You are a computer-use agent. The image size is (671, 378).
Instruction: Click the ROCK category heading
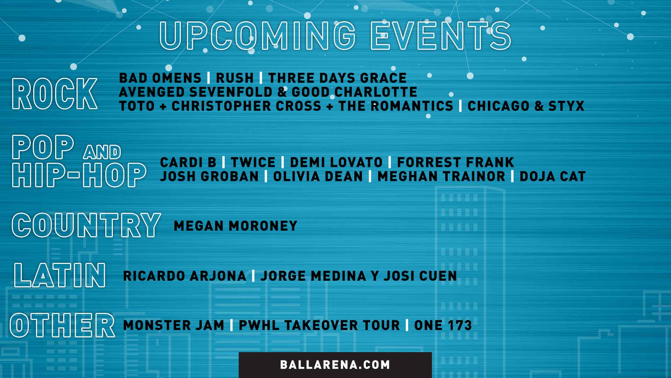point(55,93)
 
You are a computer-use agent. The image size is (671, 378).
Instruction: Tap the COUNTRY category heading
point(86,225)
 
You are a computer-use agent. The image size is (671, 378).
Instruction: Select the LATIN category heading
point(60,275)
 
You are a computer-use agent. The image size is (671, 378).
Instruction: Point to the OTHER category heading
point(63,325)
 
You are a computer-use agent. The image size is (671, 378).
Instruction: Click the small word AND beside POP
point(102,152)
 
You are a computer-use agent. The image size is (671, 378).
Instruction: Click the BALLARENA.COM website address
point(335,365)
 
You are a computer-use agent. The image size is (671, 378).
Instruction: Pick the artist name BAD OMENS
point(160,78)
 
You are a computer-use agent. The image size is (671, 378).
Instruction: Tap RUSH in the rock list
point(235,78)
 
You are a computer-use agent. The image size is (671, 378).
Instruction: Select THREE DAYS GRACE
point(337,78)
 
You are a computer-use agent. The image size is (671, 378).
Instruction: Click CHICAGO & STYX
point(526,106)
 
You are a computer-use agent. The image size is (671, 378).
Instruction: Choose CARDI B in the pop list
point(188,162)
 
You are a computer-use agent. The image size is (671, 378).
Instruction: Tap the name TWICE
point(253,162)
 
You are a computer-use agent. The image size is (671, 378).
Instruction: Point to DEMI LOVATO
point(336,162)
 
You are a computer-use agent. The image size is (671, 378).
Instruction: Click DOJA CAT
point(552,176)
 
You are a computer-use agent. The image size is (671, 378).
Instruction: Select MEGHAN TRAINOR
point(441,176)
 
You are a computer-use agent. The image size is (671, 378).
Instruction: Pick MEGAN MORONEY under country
point(235,226)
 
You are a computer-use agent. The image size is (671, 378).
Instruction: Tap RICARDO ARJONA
point(185,276)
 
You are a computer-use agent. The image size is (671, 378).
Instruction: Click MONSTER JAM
point(173,325)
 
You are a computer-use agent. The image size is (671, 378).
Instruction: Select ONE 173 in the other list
point(443,325)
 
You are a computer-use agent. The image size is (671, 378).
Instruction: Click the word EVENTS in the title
point(440,36)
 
